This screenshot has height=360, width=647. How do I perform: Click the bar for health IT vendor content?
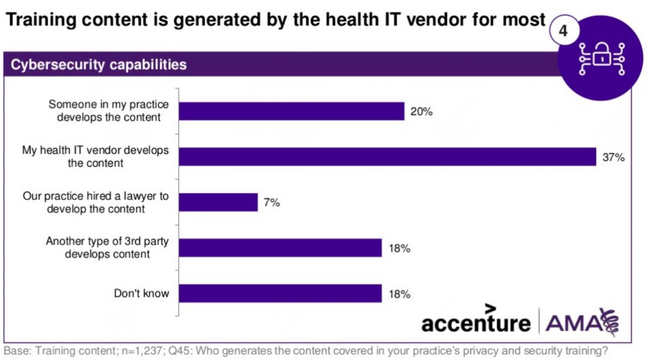point(387,157)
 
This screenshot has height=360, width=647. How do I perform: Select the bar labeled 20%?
point(291,111)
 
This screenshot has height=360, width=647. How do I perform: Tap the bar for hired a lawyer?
point(218,202)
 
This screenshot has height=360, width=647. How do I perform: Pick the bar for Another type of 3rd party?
point(280,248)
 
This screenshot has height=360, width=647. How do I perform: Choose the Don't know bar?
point(280,294)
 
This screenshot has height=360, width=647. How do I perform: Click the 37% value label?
point(613,157)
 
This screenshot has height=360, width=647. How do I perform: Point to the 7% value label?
point(271,203)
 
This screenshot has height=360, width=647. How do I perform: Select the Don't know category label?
point(141,294)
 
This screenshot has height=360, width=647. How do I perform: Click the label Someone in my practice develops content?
point(109,110)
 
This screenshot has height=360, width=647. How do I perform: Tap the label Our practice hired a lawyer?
point(95,202)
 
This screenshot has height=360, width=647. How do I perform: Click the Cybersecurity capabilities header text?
point(99,65)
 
